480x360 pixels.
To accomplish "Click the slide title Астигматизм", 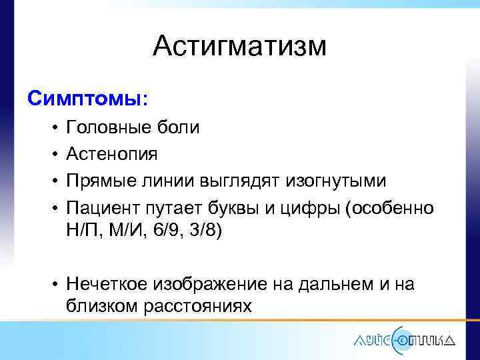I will pos(239,47).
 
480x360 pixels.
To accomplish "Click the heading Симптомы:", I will pos(88,99).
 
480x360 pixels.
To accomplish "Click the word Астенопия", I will pos(112,155).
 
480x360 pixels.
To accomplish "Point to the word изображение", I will pos(212,285).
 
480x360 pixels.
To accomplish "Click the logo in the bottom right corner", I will pos(404,339).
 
